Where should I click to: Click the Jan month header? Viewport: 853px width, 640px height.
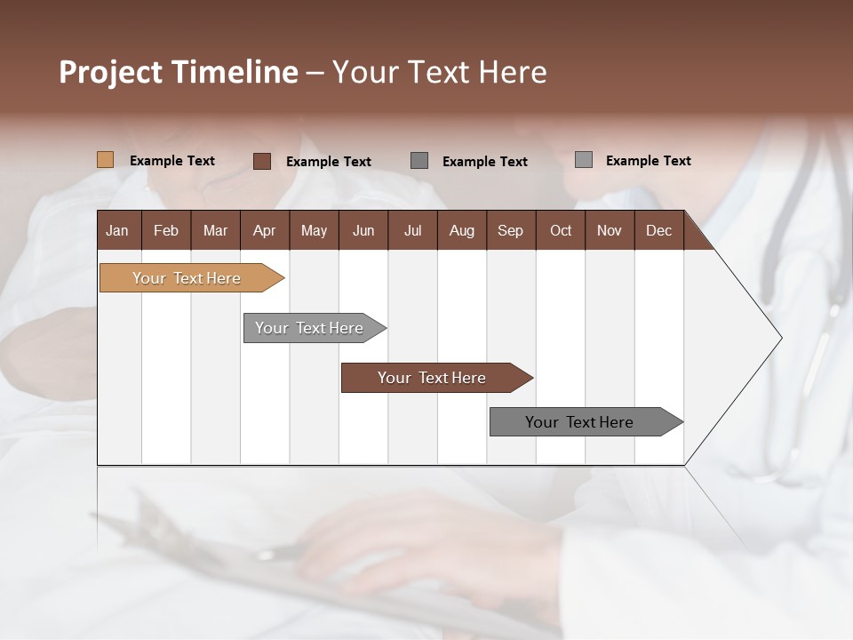117,230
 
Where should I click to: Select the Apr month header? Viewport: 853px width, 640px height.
264,230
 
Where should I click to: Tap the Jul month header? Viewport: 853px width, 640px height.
412,230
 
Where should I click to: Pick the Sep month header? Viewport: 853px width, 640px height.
510,230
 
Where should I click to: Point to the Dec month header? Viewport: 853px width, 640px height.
658,230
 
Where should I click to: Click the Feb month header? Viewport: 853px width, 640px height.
166,230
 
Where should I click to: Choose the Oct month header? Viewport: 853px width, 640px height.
561,230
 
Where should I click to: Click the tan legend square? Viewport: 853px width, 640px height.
106,160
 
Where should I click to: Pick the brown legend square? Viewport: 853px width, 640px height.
262,161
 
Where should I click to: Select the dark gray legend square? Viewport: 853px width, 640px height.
419,161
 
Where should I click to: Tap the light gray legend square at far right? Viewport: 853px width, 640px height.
583,160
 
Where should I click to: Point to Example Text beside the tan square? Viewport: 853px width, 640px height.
172,161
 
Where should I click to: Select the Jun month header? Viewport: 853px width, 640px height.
363,230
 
